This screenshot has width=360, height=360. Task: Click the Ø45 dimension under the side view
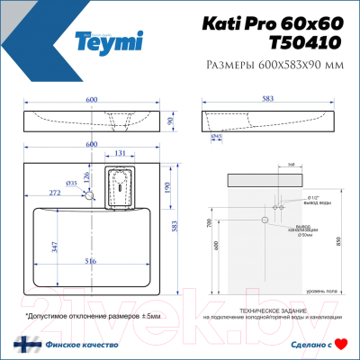coord(217,137)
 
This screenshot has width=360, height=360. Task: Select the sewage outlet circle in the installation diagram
coord(265,220)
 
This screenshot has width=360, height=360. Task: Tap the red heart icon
coord(340,343)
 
